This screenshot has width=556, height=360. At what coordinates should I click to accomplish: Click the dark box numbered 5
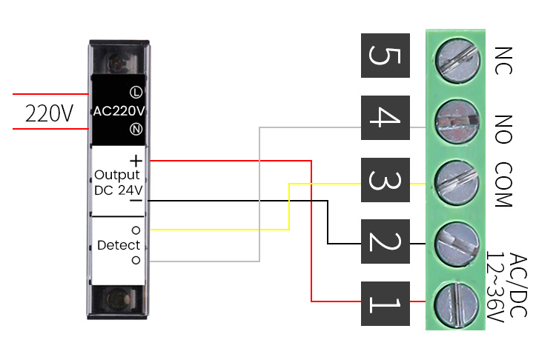pyautogui.click(x=385, y=56)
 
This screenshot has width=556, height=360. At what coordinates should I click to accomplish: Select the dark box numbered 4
pyautogui.click(x=385, y=118)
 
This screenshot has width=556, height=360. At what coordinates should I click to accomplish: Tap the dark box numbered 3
pyautogui.click(x=385, y=180)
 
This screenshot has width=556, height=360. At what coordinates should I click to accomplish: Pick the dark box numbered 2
pyautogui.click(x=385, y=241)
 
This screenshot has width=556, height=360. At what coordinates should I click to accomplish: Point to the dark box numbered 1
pyautogui.click(x=385, y=304)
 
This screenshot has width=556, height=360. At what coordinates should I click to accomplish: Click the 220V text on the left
pyautogui.click(x=49, y=113)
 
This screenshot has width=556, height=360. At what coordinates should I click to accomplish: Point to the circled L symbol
pyautogui.click(x=136, y=93)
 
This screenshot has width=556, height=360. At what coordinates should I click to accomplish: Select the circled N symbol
pyautogui.click(x=136, y=130)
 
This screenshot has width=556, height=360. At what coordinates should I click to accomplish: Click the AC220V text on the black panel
pyautogui.click(x=119, y=111)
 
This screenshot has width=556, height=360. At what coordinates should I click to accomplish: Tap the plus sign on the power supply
pyautogui.click(x=136, y=160)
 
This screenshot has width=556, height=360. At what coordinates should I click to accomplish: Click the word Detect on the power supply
pyautogui.click(x=119, y=245)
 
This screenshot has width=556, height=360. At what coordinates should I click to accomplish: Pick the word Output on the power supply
pyautogui.click(x=117, y=175)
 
